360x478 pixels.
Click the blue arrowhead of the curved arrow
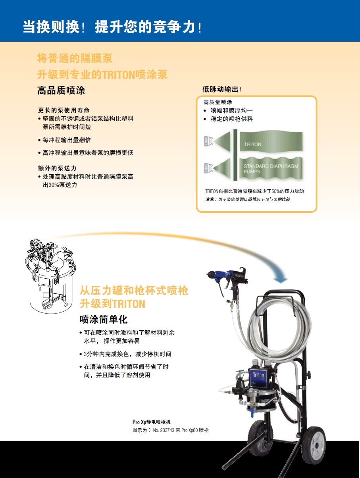coord(281,280)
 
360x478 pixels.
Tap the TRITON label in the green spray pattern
coord(253,145)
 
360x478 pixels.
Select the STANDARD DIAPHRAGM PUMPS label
coord(271,169)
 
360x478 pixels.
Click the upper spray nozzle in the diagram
coord(208,141)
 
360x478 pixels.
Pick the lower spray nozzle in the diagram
coord(208,168)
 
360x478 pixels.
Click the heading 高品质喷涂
coord(61,91)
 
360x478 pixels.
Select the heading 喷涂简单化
coord(104,320)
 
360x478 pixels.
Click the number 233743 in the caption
coord(167,430)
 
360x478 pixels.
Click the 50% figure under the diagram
coord(275,191)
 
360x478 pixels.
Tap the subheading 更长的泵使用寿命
coord(64,110)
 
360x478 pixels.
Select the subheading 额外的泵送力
coord(57,168)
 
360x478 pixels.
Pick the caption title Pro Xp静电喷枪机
coord(152,422)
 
